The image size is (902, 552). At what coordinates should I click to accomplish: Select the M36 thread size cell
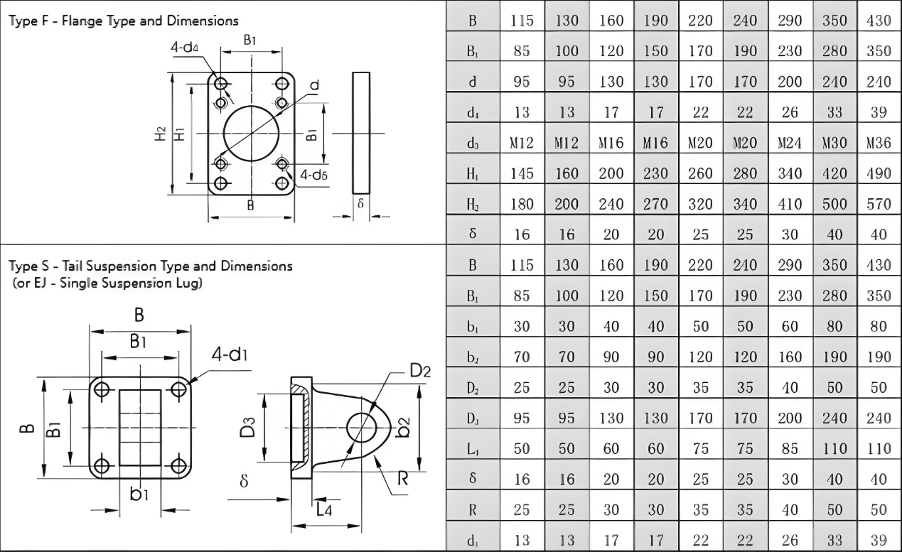coord(879,144)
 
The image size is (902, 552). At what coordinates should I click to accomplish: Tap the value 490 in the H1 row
coord(879,173)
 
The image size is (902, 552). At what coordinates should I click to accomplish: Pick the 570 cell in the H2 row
coord(879,204)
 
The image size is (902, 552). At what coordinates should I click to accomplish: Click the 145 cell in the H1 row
coord(522,173)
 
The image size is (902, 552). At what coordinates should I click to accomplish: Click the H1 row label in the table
coord(472,173)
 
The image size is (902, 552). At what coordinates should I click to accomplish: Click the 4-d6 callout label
coord(313,174)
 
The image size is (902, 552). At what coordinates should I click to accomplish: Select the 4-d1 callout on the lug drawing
coord(231,355)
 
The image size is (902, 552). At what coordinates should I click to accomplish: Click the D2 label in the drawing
coord(420,371)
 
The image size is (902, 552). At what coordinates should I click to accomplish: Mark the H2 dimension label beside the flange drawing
coord(161,133)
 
